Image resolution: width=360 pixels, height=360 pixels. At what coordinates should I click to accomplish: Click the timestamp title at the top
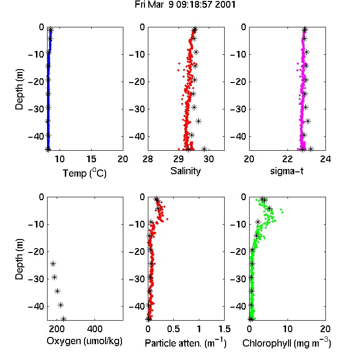(185, 5)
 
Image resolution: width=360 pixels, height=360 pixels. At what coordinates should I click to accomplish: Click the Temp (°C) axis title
(84, 173)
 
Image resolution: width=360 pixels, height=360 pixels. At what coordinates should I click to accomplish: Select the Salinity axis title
(185, 171)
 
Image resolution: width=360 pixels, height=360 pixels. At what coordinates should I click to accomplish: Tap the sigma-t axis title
(287, 171)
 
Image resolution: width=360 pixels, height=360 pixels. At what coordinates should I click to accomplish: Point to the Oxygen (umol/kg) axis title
(84, 341)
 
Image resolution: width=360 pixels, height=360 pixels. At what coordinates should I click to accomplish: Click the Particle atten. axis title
(186, 343)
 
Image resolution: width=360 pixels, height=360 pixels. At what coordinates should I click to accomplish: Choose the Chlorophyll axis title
(287, 343)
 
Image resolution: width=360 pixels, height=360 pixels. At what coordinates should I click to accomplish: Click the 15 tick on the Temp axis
(91, 159)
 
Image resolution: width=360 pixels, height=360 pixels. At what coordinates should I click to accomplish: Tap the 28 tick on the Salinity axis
(148, 159)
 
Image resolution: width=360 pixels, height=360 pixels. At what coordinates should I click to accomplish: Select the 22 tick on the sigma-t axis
(288, 159)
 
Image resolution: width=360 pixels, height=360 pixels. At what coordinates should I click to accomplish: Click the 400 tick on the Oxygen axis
(95, 329)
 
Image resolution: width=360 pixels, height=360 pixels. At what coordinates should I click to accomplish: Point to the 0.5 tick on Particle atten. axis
(173, 329)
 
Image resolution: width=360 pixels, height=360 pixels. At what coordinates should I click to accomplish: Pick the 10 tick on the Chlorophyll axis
(288, 329)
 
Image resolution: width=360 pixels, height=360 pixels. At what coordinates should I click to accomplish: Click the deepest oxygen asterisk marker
(63, 319)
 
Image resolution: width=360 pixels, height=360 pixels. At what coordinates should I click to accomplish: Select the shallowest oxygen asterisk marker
(53, 264)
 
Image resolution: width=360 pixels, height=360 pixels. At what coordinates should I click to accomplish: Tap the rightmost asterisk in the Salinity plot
(204, 149)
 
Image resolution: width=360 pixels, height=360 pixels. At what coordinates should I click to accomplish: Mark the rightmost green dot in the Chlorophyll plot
(282, 212)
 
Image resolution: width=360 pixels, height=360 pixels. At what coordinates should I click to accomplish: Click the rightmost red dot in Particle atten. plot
(167, 219)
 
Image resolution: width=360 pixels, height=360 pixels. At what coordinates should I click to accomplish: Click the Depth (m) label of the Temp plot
(19, 89)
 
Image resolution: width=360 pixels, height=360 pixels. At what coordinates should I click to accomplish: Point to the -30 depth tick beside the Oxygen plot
(36, 279)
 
